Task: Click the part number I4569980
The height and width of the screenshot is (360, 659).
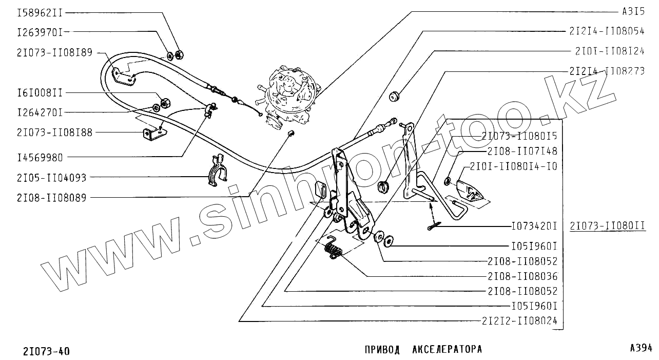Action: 40,157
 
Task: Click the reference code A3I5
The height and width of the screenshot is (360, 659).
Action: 632,11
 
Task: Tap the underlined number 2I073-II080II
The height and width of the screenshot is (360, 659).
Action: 607,225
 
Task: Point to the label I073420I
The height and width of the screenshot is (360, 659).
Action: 534,225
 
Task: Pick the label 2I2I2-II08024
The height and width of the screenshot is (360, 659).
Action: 519,321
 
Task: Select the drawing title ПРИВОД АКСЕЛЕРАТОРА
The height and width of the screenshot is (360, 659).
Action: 423,350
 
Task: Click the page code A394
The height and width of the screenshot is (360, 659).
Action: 641,348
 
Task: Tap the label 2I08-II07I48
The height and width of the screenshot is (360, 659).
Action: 522,151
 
